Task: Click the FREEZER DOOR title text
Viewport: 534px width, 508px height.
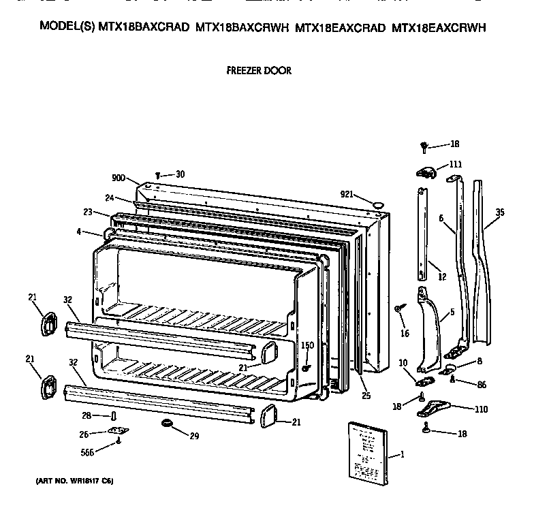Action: pos(258,70)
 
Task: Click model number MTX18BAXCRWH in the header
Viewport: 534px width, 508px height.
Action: pos(242,28)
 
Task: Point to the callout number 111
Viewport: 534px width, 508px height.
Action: pos(455,165)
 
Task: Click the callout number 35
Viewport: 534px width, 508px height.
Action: pos(499,212)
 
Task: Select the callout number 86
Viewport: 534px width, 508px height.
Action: pos(482,385)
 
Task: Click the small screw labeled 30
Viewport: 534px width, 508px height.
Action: pos(159,175)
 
